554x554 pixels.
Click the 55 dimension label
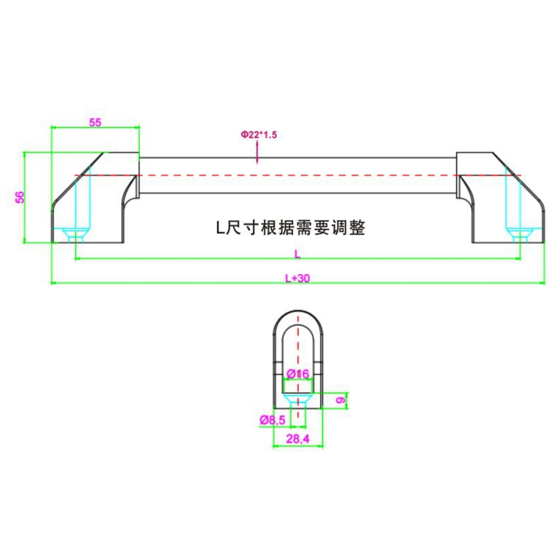95,122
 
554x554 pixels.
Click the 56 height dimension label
20,197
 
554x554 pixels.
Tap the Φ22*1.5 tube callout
259,134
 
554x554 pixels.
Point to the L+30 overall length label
298,278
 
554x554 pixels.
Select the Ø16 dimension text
298,374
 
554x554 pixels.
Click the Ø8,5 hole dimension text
273,420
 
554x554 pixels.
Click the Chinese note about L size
291,228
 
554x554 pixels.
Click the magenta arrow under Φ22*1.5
257,153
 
